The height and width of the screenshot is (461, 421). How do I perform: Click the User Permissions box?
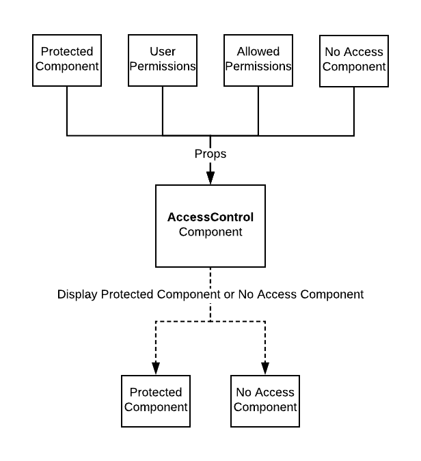163,59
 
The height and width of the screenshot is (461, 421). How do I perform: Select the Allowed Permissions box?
258,59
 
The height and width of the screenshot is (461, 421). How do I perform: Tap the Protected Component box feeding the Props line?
67,59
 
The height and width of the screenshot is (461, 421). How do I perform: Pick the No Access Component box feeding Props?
354,59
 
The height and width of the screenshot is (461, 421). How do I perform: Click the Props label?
210,154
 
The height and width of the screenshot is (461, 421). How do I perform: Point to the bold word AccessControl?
210,218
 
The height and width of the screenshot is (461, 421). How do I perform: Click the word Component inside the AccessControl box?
210,232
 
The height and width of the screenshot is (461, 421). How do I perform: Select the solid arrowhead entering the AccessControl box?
210,178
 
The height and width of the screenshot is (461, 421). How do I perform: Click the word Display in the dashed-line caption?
77,294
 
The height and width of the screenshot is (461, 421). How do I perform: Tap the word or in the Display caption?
227,294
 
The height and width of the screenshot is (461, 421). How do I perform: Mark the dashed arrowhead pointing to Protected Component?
156,367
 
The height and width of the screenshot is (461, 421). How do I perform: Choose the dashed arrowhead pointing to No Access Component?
265,367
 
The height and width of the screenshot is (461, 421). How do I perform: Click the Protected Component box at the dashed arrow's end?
156,400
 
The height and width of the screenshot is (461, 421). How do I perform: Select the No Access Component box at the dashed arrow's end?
265,400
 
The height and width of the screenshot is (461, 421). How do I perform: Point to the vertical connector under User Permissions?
163,111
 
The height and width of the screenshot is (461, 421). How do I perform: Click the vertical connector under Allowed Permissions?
258,111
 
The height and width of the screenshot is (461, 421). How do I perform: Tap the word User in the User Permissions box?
163,52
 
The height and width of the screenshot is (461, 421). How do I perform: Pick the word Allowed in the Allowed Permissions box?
258,52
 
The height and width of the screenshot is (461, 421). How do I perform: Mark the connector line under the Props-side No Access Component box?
354,111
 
